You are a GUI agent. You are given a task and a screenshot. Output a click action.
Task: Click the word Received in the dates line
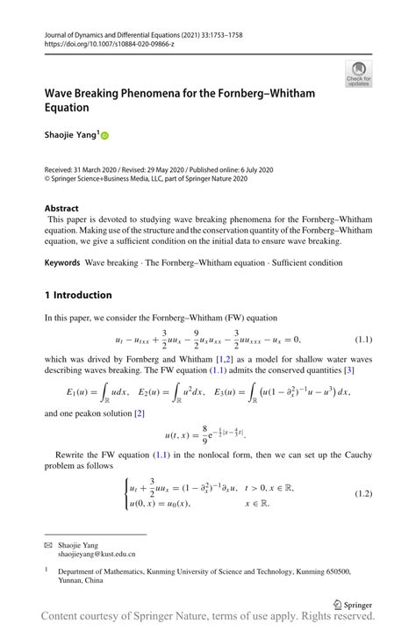62,169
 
